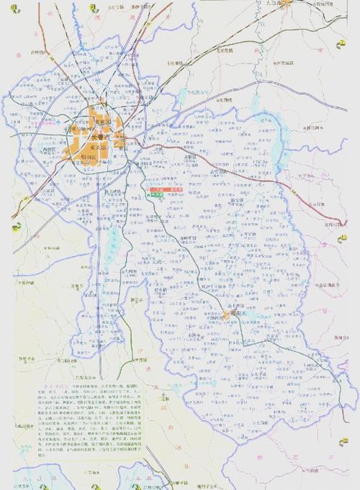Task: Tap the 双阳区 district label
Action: [242, 315]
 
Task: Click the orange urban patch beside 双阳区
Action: [226, 315]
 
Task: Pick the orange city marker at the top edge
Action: [286, 4]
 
